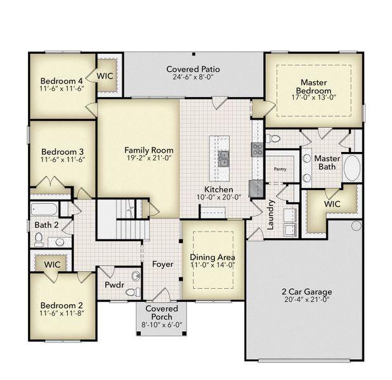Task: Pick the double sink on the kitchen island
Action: tap(224, 158)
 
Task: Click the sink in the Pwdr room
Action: tap(136, 276)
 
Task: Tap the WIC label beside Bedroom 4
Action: tap(105, 75)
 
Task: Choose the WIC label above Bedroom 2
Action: tap(52, 263)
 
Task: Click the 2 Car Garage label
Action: tap(307, 292)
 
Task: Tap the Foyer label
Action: tap(162, 263)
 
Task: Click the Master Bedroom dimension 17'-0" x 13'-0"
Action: tap(314, 98)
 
